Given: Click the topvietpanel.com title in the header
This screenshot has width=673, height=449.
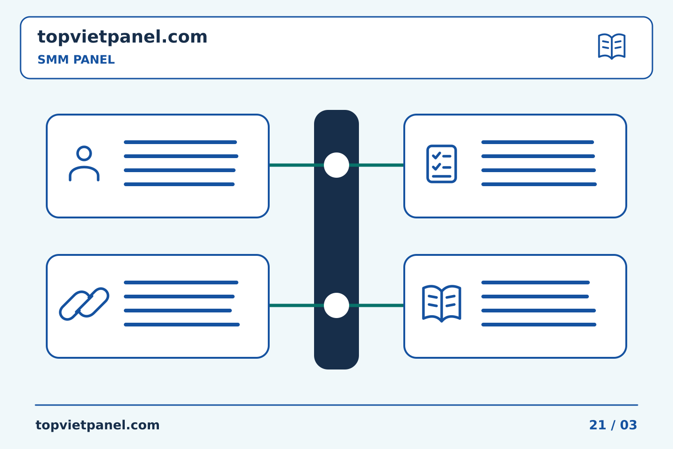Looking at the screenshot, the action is pyautogui.click(x=122, y=37).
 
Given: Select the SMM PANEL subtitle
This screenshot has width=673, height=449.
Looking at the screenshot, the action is pyautogui.click(x=76, y=59).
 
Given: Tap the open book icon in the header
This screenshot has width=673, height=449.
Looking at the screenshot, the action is pyautogui.click(x=612, y=46).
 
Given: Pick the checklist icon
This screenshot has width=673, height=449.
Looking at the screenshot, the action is pyautogui.click(x=442, y=164).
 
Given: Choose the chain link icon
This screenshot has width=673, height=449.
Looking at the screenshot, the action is pyautogui.click(x=84, y=304).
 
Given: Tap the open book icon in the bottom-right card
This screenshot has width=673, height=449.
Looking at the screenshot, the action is pyautogui.click(x=442, y=304).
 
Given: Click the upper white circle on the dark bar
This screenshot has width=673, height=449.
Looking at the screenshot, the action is pyautogui.click(x=336, y=165).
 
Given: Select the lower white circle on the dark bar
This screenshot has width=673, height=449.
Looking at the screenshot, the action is pyautogui.click(x=336, y=305).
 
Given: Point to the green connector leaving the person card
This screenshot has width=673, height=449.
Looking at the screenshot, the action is pyautogui.click(x=296, y=165).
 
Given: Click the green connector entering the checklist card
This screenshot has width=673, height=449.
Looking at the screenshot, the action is pyautogui.click(x=377, y=165).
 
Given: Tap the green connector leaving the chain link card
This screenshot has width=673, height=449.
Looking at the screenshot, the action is pyautogui.click(x=296, y=305).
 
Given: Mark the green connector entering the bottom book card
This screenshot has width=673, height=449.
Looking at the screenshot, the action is pyautogui.click(x=377, y=305).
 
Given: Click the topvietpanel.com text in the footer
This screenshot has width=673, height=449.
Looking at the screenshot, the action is pyautogui.click(x=97, y=425).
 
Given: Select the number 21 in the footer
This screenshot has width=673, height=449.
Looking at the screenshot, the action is pyautogui.click(x=597, y=425).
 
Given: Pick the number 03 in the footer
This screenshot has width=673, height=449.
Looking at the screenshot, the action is pyautogui.click(x=629, y=425).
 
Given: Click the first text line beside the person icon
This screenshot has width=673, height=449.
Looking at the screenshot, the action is pyautogui.click(x=180, y=142).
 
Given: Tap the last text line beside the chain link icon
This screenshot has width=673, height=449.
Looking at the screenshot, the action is pyautogui.click(x=182, y=325).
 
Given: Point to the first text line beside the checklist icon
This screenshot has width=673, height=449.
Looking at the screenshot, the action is pyautogui.click(x=538, y=142).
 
